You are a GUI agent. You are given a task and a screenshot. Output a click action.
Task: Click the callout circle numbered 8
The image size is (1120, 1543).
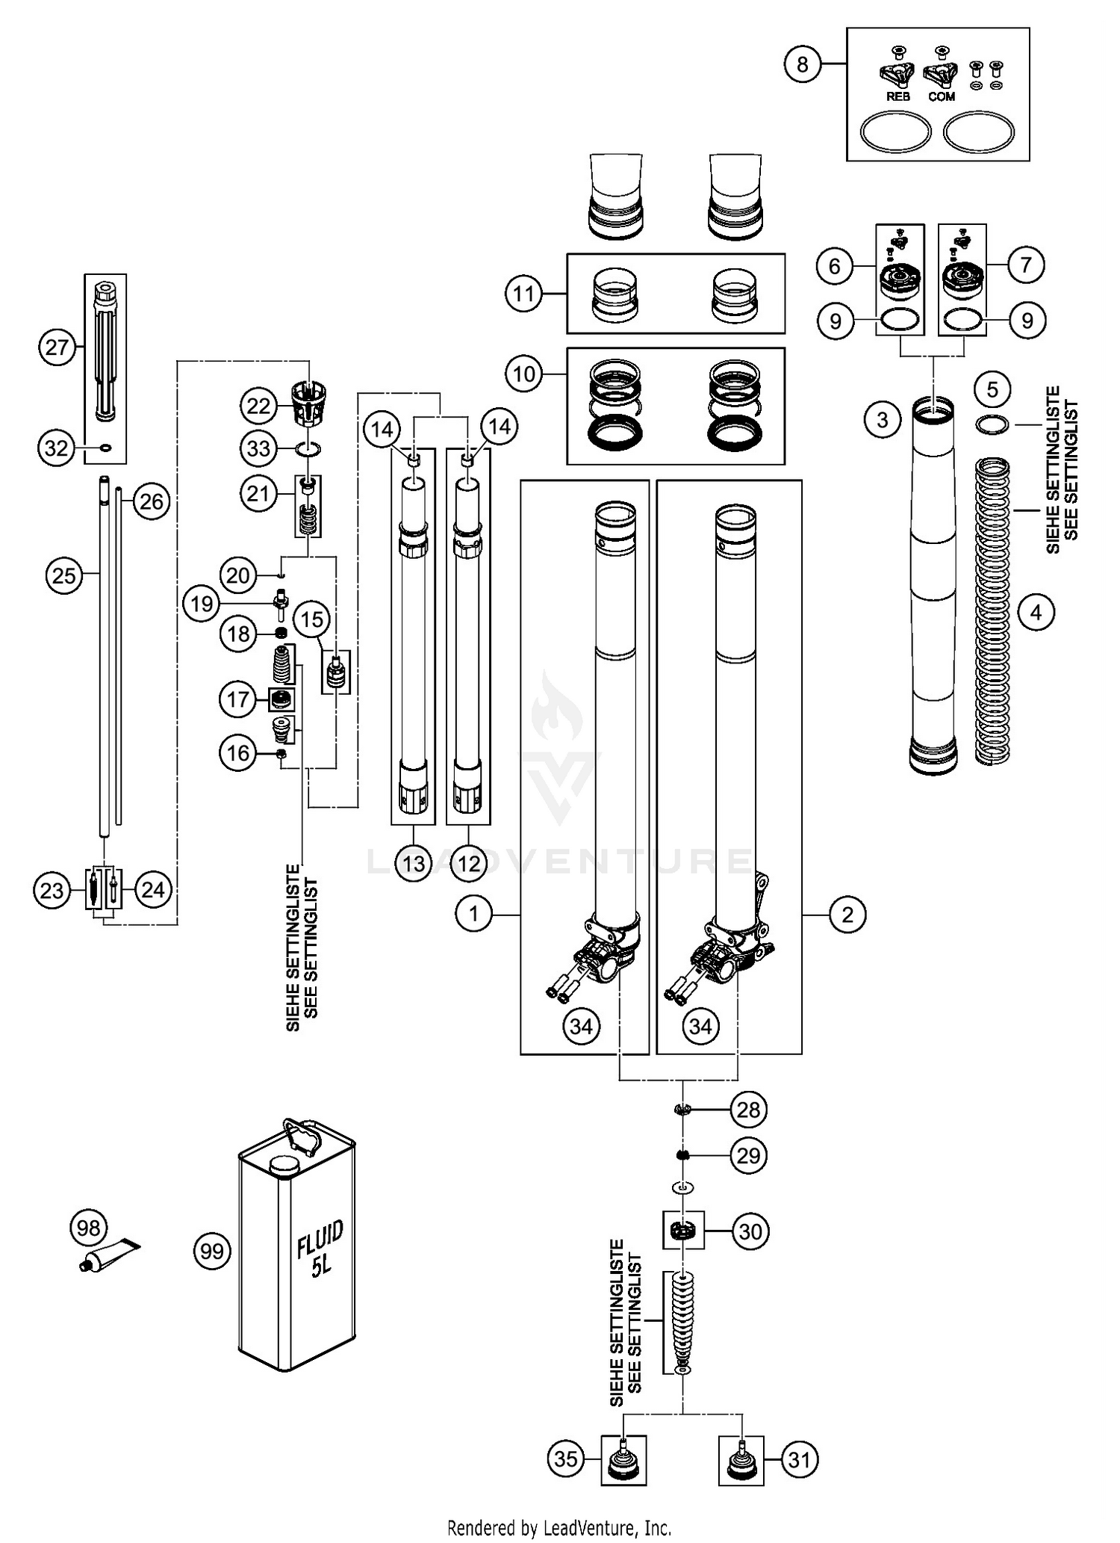[x=802, y=64]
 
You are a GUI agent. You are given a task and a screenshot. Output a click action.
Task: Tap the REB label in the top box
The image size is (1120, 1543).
[x=897, y=97]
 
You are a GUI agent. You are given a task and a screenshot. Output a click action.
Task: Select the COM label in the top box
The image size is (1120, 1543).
[x=942, y=97]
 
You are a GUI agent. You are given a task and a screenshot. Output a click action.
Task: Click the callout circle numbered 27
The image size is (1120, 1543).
[x=57, y=347]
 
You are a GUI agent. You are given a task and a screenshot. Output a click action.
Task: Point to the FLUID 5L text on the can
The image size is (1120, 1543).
[x=320, y=1249]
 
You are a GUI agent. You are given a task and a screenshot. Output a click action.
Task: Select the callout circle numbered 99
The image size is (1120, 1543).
[x=212, y=1250]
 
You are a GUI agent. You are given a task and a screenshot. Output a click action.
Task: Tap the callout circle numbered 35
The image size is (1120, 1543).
[x=566, y=1458]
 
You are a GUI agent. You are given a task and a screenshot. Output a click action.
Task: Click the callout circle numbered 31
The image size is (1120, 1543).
[x=799, y=1458]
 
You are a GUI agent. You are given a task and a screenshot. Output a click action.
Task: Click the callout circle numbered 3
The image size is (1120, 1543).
[x=883, y=420]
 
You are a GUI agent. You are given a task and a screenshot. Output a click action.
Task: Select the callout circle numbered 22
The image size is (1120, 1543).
[x=258, y=406]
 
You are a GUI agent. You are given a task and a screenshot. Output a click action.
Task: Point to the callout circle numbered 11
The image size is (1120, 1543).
[x=524, y=294]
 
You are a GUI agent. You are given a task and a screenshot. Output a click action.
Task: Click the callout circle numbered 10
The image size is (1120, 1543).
[x=524, y=373]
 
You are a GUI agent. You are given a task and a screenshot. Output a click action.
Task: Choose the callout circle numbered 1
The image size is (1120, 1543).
[x=473, y=913]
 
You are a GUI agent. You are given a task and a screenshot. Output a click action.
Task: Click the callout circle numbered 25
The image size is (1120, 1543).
[x=64, y=575]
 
